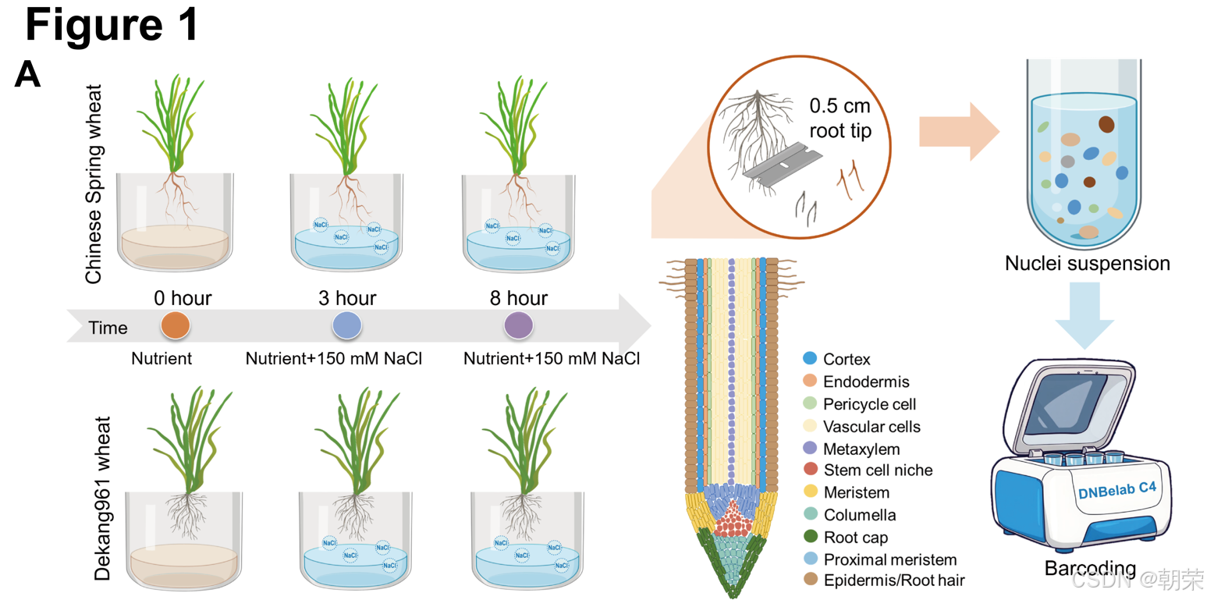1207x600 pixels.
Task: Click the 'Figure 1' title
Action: (x=112, y=26)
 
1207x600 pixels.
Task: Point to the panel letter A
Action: (x=27, y=76)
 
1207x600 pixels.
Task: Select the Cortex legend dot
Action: (x=810, y=360)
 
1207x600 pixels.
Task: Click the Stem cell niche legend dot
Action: (x=810, y=470)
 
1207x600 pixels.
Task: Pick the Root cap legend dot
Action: (x=810, y=537)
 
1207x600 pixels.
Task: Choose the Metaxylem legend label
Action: (x=861, y=449)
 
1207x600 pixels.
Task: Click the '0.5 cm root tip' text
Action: (x=839, y=119)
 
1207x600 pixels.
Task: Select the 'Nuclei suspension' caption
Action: (x=1087, y=263)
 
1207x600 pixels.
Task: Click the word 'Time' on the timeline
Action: (x=108, y=328)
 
